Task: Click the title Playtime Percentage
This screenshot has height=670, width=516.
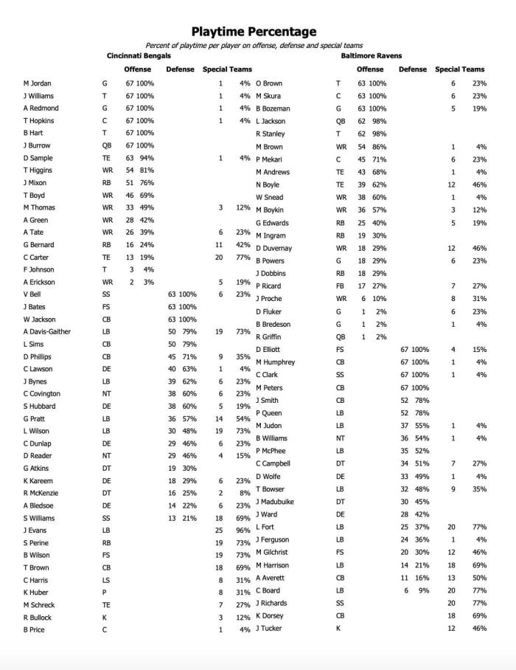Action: click(254, 31)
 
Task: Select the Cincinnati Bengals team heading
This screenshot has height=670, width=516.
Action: click(139, 55)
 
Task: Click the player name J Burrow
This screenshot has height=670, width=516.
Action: click(36, 145)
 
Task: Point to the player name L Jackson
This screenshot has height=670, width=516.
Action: click(271, 121)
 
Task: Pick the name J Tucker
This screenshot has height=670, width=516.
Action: click(268, 628)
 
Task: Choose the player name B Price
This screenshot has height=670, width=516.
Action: click(34, 629)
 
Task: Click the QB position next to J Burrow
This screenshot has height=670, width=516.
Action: click(106, 145)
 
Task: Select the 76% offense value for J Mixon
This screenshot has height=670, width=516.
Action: click(146, 182)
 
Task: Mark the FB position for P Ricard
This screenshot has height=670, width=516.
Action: click(340, 286)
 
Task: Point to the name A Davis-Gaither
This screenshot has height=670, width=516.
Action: click(47, 331)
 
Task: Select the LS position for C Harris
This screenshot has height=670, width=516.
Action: click(106, 579)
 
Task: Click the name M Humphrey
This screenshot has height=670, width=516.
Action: click(275, 362)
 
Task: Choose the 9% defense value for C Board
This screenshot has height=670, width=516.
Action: click(422, 590)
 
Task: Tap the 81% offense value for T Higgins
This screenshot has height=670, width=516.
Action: click(146, 170)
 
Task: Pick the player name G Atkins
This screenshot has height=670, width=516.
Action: click(35, 468)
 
